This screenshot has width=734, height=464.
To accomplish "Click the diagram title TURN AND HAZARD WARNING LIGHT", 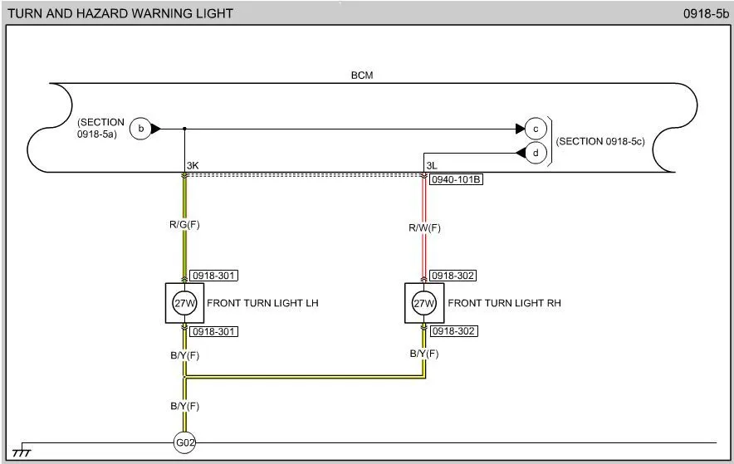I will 120,13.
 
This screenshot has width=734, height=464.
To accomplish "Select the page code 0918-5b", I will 706,13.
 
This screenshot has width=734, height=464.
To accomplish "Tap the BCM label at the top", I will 362,76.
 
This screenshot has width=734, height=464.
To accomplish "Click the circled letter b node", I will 141,129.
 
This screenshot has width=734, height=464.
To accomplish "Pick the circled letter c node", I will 536,129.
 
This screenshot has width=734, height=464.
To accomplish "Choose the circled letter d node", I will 536,153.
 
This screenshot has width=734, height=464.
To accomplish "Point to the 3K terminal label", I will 193,166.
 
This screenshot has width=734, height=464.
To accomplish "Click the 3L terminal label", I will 432,166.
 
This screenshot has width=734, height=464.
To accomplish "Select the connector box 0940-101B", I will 456,178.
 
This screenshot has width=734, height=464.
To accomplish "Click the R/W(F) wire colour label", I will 423,227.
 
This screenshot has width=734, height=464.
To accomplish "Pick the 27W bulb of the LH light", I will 183,303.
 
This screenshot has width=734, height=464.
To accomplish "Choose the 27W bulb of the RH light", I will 423,303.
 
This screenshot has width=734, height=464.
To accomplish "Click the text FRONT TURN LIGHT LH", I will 262,303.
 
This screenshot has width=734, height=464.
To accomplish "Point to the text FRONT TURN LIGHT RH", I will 504,303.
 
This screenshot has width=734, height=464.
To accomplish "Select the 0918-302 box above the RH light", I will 453,276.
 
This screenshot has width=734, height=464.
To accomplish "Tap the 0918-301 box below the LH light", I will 214,331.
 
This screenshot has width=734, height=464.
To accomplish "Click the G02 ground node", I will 183,443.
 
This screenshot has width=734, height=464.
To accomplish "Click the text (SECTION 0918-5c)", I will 600,142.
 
